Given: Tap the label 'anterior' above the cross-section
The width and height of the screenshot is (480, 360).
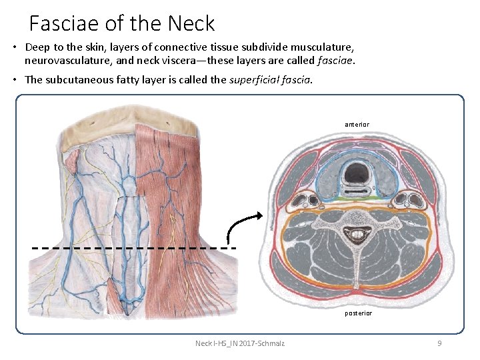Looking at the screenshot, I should tap(357, 124).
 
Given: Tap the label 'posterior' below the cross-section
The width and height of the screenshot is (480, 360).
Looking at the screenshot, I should tap(358, 313).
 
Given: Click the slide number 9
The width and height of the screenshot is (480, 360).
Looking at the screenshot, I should tap(439, 343).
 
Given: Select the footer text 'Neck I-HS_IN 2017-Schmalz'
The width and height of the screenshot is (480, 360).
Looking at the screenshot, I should tap(239, 343).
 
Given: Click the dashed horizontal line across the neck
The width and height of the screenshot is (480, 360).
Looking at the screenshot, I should tap(133, 247).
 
